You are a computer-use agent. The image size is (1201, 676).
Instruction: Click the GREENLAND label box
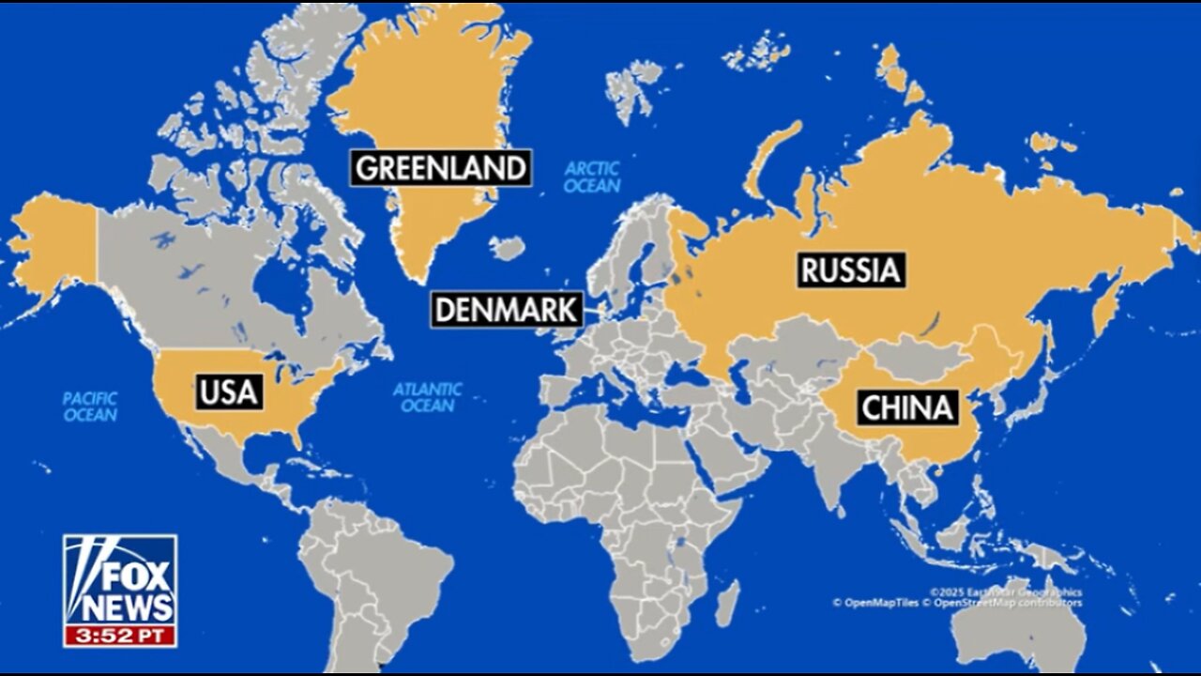[x=441, y=169]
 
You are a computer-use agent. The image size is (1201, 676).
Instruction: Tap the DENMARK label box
[x=507, y=310]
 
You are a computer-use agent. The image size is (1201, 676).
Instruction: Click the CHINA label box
[x=907, y=408]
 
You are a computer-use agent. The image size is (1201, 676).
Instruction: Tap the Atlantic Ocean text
[x=428, y=397]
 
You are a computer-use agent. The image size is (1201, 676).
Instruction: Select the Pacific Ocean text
[x=90, y=407]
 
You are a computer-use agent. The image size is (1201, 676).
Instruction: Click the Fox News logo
[x=120, y=578]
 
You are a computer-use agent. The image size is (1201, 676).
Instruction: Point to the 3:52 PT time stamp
[x=120, y=635]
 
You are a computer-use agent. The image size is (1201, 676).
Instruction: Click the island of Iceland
[x=507, y=248]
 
